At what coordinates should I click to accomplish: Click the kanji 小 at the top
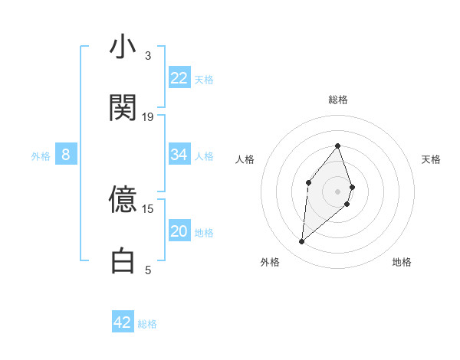[123, 48]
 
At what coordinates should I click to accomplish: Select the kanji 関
[123, 108]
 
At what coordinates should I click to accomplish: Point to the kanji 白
[123, 260]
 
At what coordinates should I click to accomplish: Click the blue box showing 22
[179, 77]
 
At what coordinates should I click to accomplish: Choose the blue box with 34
[179, 155]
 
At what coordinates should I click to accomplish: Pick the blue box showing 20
[179, 231]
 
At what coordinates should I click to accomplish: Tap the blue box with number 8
[66, 155]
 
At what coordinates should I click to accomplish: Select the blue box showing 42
[123, 322]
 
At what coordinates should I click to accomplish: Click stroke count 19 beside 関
[148, 117]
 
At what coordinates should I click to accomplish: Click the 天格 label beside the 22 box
[204, 79]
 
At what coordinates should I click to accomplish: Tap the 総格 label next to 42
[147, 324]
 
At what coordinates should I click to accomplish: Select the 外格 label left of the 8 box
[41, 156]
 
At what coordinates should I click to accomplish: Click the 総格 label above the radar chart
[338, 100]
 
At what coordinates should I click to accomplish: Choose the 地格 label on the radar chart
[402, 262]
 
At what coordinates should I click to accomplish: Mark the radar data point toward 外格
[302, 242]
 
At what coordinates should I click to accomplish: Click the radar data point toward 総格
[338, 146]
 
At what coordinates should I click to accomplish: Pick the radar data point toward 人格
[308, 182]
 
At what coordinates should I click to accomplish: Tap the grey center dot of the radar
[338, 191]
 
